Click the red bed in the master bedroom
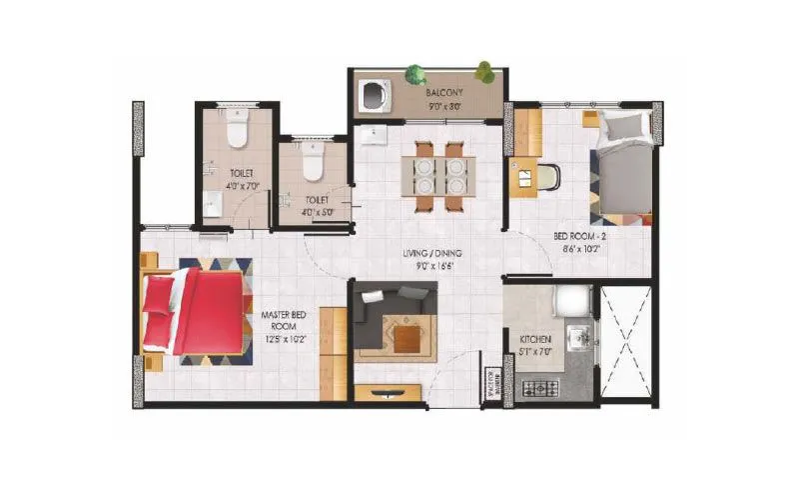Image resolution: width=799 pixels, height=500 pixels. (195, 310)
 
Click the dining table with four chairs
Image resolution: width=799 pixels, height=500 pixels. (438, 176)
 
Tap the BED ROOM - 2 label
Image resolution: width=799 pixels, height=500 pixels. (580, 237)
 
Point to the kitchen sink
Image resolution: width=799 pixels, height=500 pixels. (577, 335)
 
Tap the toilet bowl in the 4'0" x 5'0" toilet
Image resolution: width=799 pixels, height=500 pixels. (310, 160)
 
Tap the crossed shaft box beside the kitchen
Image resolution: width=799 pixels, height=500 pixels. (626, 341)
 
